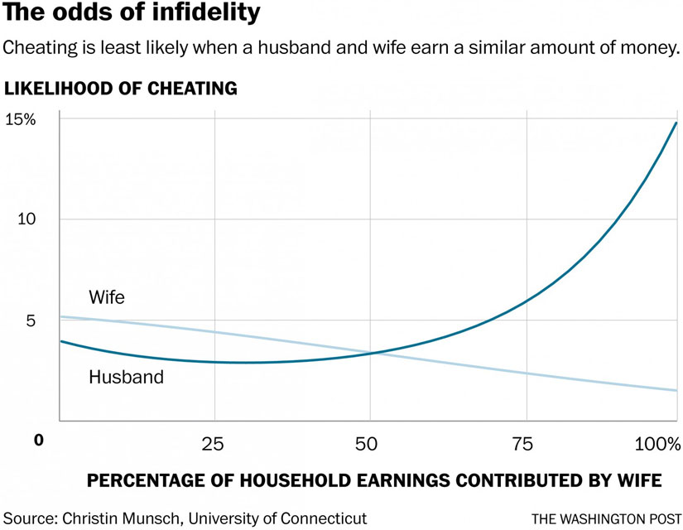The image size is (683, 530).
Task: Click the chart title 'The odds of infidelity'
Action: [132, 14]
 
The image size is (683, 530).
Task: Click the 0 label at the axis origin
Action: [38, 440]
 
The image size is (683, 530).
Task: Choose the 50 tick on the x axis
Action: [369, 445]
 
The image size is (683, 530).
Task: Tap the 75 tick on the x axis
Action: [524, 445]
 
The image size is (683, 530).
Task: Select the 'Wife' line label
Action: [106, 297]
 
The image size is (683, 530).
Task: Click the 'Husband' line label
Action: [126, 378]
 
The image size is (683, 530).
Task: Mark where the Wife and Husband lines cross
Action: [375, 353]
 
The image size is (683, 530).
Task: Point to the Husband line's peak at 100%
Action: [676, 123]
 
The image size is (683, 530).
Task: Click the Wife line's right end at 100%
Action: [676, 390]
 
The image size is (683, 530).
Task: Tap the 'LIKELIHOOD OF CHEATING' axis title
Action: [122, 87]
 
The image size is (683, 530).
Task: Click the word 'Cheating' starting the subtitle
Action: [36, 48]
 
